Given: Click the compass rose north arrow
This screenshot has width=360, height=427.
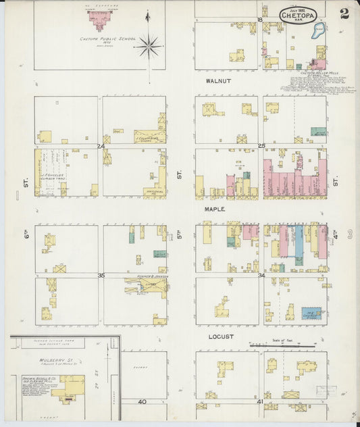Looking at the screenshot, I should [x=148, y=45].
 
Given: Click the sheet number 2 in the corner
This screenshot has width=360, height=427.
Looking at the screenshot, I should [x=344, y=14].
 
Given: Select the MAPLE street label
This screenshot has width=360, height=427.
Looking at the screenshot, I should [x=215, y=209].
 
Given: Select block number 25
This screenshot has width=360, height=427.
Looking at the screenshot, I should [x=261, y=146].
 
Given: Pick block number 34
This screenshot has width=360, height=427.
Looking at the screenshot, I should [x=261, y=275].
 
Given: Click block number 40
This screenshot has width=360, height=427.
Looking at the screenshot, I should [x=142, y=402].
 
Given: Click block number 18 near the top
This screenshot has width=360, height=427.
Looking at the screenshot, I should [x=260, y=20].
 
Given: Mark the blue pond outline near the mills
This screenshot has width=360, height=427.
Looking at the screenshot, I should [x=319, y=30].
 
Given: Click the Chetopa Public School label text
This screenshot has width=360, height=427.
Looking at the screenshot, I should [x=108, y=39].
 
